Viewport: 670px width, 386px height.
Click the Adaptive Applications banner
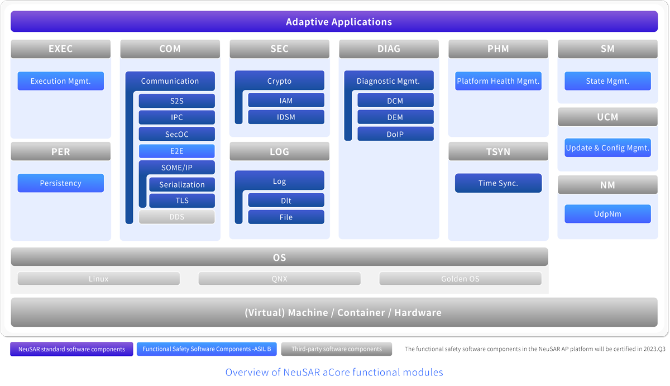coord(334,22)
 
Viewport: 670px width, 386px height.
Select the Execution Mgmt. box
coord(61,81)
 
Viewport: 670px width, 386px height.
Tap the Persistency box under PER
coord(61,183)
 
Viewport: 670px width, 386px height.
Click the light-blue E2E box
coord(177,151)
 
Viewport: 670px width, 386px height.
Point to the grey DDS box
coord(177,217)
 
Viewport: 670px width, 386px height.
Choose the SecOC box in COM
coord(177,134)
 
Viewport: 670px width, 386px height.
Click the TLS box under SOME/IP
coord(182,201)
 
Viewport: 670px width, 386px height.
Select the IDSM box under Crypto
coord(286,117)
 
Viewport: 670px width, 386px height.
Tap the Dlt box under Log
coord(286,201)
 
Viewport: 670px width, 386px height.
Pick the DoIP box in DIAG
coord(395,134)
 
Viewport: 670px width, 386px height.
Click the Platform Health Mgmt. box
coord(498,81)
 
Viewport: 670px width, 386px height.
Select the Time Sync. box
coord(498,183)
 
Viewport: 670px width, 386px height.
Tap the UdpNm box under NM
coord(607,214)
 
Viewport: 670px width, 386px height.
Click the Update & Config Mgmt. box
coord(607,147)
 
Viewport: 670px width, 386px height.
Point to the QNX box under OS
coord(279,279)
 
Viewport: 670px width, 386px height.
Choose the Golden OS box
coord(460,279)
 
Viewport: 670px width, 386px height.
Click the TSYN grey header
coord(498,151)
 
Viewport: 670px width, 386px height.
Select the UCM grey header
coord(607,117)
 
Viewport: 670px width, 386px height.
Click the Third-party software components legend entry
coord(337,349)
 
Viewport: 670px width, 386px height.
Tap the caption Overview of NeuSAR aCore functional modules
coord(334,372)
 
